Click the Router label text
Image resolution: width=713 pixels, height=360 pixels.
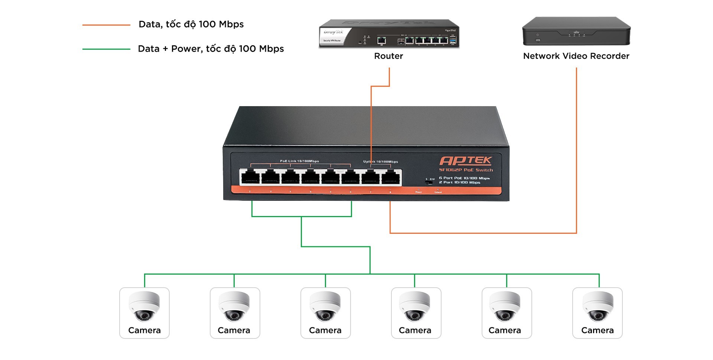(x=388, y=56)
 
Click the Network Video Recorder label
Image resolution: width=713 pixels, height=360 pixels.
(x=576, y=56)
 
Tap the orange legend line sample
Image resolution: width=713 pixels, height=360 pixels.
(x=106, y=25)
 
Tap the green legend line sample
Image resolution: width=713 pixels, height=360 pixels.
(x=106, y=49)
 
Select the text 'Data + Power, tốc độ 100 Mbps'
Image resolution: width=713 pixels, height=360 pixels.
(x=211, y=49)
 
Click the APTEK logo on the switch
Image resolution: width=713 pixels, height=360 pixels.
(x=466, y=160)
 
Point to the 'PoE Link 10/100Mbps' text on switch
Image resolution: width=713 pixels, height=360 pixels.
(x=299, y=161)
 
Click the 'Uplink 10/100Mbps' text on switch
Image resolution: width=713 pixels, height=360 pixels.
(x=381, y=161)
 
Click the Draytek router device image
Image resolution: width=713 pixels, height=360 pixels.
(x=389, y=34)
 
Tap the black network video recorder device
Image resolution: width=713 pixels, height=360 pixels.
(x=576, y=31)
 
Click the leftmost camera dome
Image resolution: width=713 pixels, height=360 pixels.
(x=144, y=306)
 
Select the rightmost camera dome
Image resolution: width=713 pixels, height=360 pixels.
(x=598, y=306)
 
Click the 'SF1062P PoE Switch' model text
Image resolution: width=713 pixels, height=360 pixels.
(x=466, y=170)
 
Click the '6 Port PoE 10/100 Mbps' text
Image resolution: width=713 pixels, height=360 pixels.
(x=464, y=178)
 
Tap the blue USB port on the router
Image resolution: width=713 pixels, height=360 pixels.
(x=453, y=40)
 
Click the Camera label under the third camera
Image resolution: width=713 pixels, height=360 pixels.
(x=325, y=330)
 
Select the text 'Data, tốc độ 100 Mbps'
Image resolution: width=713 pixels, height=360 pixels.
(x=191, y=24)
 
